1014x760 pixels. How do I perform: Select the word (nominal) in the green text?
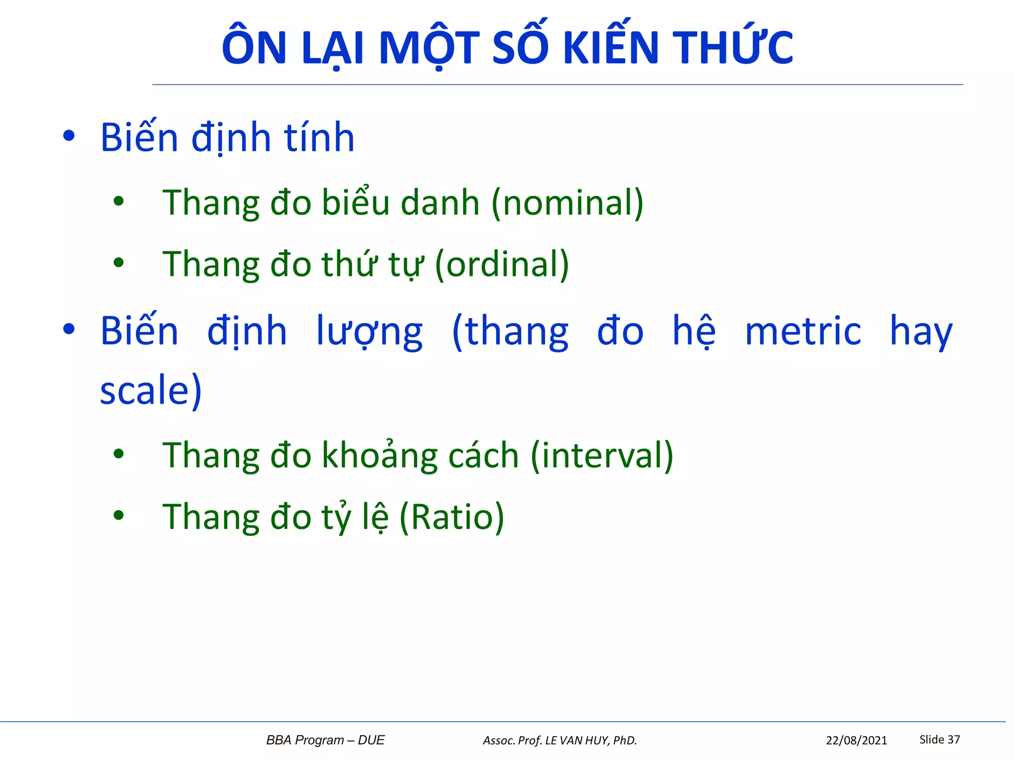click(567, 203)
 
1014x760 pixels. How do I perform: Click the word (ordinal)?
click(502, 264)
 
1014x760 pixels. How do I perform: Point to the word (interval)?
click(602, 455)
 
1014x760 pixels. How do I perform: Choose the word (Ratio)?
click(452, 517)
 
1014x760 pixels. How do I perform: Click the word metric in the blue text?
click(803, 331)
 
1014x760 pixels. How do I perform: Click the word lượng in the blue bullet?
click(369, 332)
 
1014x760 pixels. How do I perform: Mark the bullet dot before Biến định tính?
click(69, 136)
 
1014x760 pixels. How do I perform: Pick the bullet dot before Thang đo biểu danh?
click(118, 201)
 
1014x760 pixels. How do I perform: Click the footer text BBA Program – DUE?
click(325, 740)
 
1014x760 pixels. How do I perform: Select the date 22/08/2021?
click(856, 740)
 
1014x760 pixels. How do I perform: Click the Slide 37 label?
click(939, 739)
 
